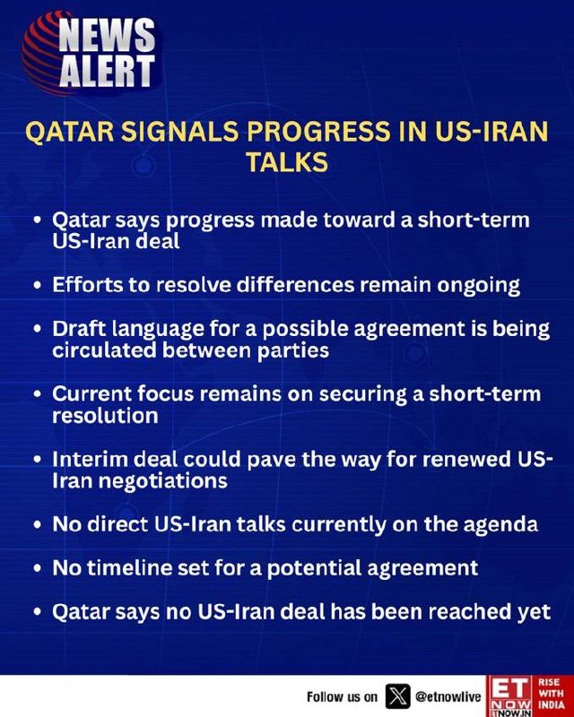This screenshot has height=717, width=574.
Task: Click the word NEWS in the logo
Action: pyautogui.click(x=107, y=35)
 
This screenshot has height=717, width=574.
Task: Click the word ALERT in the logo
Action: pyautogui.click(x=108, y=71)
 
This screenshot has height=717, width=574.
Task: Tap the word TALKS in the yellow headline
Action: pyautogui.click(x=287, y=162)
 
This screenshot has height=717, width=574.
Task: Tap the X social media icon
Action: pyautogui.click(x=398, y=696)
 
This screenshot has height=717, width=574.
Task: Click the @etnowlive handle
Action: pyautogui.click(x=448, y=697)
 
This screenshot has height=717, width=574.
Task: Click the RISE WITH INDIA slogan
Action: pyautogui.click(x=551, y=694)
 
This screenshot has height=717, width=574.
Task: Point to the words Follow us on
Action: pyautogui.click(x=343, y=697)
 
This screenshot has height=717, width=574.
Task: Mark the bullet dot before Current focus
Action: pyautogui.click(x=38, y=395)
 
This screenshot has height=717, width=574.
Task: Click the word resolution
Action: pyautogui.click(x=105, y=415)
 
